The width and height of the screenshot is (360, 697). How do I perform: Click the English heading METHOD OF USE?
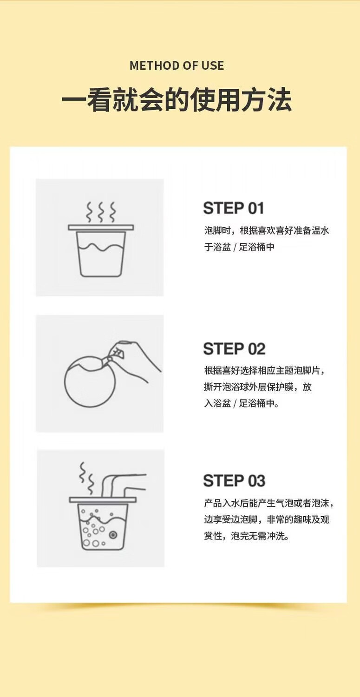pyautogui.click(x=177, y=66)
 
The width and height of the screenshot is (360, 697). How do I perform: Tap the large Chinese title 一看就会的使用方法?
pyautogui.click(x=177, y=99)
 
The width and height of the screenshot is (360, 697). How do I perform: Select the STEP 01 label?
pyautogui.click(x=233, y=208)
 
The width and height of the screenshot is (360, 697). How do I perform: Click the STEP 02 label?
pyautogui.click(x=234, y=348)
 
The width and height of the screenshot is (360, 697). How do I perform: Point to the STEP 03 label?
pyautogui.click(x=234, y=480)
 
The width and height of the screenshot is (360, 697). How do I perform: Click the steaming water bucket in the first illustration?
pyautogui.click(x=101, y=251)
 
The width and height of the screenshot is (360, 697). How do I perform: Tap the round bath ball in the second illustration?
pyautogui.click(x=90, y=382)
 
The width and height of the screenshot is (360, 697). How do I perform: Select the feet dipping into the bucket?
pyautogui.click(x=123, y=486)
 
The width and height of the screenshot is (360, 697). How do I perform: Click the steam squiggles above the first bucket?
pyautogui.click(x=101, y=212)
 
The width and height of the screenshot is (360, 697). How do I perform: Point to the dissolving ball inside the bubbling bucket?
pyautogui.click(x=113, y=535)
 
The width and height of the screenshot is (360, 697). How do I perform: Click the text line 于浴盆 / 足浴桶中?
pyautogui.click(x=239, y=247)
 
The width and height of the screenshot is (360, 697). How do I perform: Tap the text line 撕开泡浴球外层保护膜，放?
pyautogui.click(x=258, y=387)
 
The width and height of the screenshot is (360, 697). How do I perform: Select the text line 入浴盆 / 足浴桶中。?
pyautogui.click(x=242, y=403)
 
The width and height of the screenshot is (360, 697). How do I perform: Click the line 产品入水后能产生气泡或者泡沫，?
pyautogui.click(x=269, y=503)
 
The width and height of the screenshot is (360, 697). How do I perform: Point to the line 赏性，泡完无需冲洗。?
pyautogui.click(x=247, y=536)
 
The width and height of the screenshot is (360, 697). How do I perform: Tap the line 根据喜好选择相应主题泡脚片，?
pyautogui.click(x=264, y=371)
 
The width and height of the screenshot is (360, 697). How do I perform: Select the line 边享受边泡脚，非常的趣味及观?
pyautogui.click(x=267, y=519)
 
